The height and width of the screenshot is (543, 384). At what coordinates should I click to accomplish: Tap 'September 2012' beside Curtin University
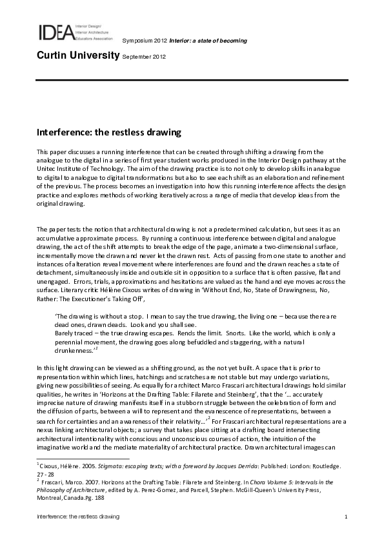coord(145,57)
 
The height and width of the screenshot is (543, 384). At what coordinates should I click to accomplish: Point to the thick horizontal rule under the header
coord(192,79)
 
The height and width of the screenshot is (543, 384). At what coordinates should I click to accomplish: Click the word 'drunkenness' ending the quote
coord(73,349)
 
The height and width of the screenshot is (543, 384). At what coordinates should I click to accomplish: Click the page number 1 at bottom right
coord(347,518)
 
